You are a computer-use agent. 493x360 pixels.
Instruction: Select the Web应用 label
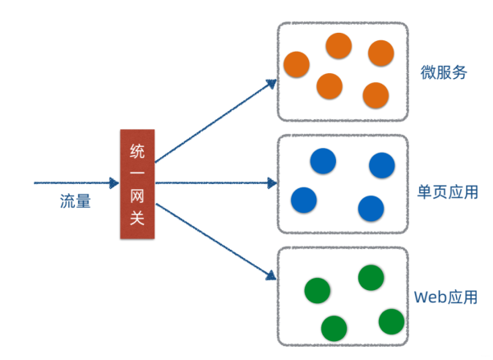(445, 298)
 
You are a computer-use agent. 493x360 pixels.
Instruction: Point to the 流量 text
(75, 201)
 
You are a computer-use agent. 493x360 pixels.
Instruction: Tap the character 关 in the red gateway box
(136, 219)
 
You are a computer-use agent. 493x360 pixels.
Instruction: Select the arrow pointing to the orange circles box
(215, 121)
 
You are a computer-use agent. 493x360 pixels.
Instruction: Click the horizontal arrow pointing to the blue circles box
(215, 182)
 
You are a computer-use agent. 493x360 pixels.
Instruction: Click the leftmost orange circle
(297, 63)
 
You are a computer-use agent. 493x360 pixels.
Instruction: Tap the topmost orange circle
(339, 46)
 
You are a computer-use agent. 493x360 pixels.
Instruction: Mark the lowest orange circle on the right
(376, 95)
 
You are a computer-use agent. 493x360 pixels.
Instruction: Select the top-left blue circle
(323, 160)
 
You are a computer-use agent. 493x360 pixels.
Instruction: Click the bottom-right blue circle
(371, 208)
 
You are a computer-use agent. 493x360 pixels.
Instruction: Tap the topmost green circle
(371, 278)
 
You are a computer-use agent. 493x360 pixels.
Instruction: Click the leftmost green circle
(317, 290)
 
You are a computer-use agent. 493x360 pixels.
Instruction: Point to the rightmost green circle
(391, 321)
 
